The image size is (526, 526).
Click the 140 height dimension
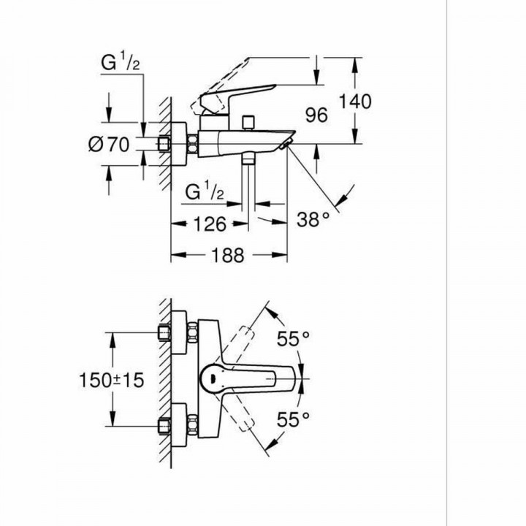click(x=355, y=102)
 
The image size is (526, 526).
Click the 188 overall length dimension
click(x=226, y=254)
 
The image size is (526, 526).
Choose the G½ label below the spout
click(x=203, y=194)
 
